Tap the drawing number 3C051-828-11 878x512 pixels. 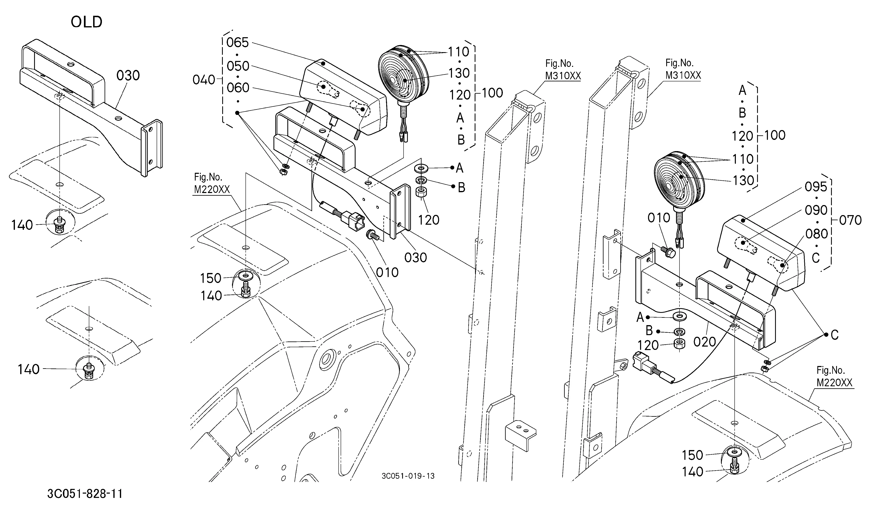85,494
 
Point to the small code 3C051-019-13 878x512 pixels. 408,476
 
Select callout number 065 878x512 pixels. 238,43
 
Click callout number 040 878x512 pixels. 204,80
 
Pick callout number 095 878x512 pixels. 816,187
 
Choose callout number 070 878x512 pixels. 850,220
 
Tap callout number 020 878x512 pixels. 704,342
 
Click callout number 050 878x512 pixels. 238,66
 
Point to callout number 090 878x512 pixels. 816,210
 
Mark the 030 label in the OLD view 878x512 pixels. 128,75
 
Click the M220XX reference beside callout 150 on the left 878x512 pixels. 212,189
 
